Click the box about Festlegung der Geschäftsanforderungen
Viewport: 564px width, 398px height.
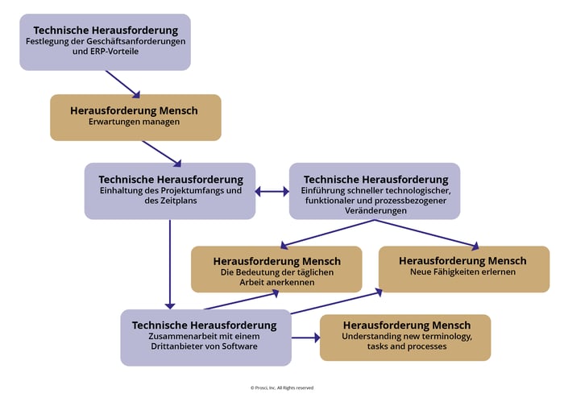click(105, 41)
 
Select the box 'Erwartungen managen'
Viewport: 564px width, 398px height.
click(135, 117)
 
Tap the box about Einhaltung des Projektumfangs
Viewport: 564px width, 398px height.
click(169, 190)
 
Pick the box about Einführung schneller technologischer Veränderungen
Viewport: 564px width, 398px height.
click(375, 190)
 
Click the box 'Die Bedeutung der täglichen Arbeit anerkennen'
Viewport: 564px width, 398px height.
click(276, 268)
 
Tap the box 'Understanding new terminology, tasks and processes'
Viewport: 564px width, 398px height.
click(405, 337)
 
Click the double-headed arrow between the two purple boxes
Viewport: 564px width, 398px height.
click(272, 191)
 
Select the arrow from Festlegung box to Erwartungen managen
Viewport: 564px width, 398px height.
click(122, 83)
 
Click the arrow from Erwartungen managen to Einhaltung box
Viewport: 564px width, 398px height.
click(161, 152)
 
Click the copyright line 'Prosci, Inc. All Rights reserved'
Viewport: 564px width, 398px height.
click(281, 388)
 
